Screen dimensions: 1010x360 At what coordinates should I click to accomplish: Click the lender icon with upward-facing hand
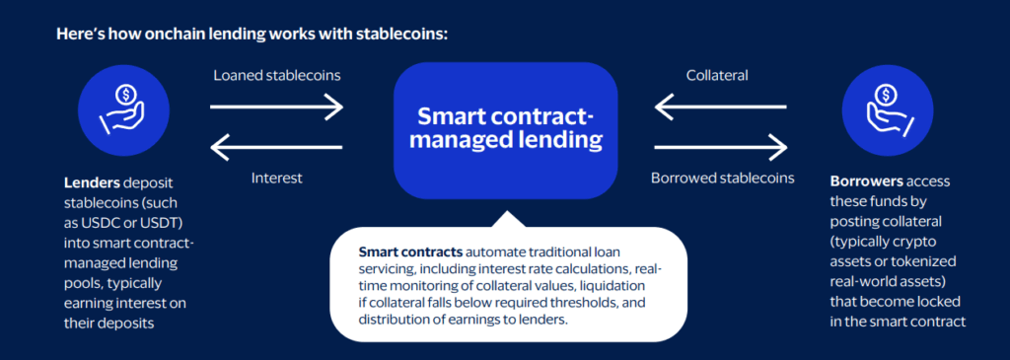pos(123,110)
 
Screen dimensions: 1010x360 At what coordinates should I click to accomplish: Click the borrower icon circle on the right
pos(888,110)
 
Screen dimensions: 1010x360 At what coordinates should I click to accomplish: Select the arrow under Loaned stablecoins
pos(277,107)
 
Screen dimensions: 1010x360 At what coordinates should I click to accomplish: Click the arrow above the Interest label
pos(277,148)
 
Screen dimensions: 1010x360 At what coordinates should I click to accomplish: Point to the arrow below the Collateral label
pos(721,107)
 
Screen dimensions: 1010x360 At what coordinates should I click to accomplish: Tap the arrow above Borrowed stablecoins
pos(721,148)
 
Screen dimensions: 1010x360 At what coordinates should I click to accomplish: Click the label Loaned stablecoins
pos(277,75)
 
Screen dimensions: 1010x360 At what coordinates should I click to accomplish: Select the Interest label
pos(276,178)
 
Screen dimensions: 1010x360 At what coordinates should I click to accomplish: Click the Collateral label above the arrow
pos(717,75)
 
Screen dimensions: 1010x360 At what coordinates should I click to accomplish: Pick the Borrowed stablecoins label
pos(722,178)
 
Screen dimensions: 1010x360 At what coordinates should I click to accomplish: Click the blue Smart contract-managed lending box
pos(506,130)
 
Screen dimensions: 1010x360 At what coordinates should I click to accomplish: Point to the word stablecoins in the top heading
pos(399,35)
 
